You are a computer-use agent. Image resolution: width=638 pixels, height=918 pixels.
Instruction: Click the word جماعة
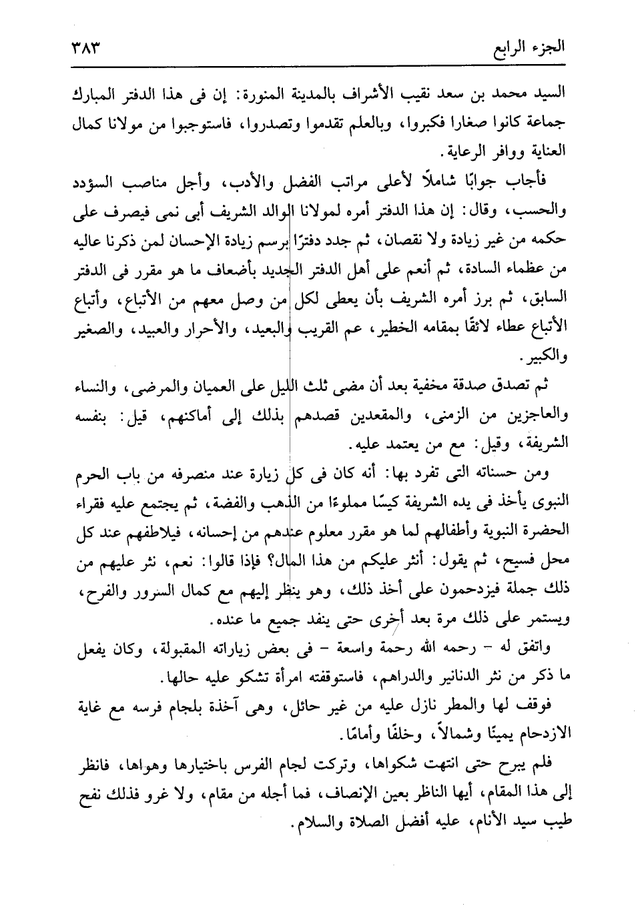(x=543, y=126)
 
